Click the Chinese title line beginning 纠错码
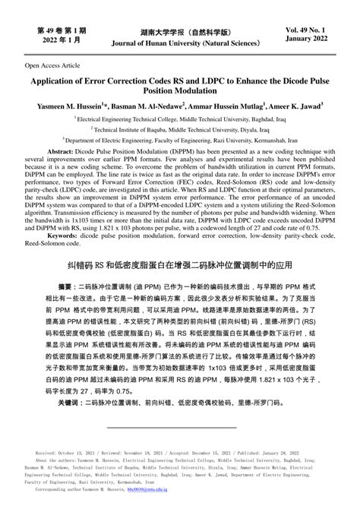(179, 267)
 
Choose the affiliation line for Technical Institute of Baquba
(180, 130)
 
